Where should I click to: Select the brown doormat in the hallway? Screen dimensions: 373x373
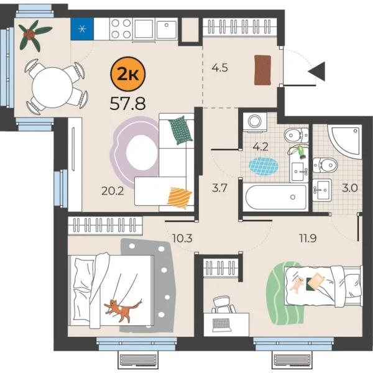pyautogui.click(x=263, y=70)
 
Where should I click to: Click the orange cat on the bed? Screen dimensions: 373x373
pyautogui.click(x=122, y=308)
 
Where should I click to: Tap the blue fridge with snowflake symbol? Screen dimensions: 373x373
pyautogui.click(x=81, y=29)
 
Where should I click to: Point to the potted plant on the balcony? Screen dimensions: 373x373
pyautogui.click(x=30, y=34)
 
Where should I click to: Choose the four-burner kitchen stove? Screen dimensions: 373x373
pyautogui.click(x=120, y=28)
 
